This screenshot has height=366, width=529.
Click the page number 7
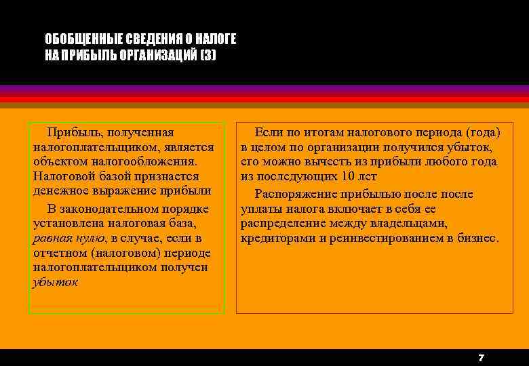coord(480,357)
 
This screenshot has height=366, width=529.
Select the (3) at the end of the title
coord(208,55)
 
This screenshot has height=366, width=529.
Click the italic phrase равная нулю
coord(68,238)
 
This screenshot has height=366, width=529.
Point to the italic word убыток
coord(55,282)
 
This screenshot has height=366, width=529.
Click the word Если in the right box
coord(268,132)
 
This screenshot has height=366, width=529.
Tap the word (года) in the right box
coord(482,132)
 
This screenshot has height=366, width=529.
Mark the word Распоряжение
coord(293,195)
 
